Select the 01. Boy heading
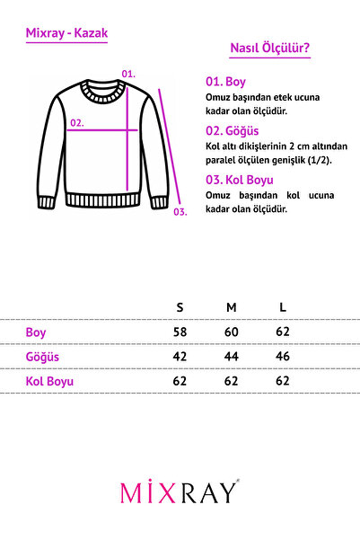[x=225, y=80]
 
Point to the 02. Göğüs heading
[x=233, y=129]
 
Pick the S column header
[x=180, y=307]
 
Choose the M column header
[x=232, y=307]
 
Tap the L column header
[x=283, y=307]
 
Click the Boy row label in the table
[x=36, y=332]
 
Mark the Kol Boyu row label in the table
[x=50, y=381]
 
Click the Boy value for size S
[x=180, y=332]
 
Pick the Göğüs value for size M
[x=232, y=357]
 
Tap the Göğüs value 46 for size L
[x=283, y=357]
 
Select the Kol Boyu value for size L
[x=283, y=381]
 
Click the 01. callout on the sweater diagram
[x=127, y=73]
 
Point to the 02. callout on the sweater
[x=77, y=123]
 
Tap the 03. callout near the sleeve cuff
[x=180, y=212]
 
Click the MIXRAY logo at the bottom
[x=180, y=492]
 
